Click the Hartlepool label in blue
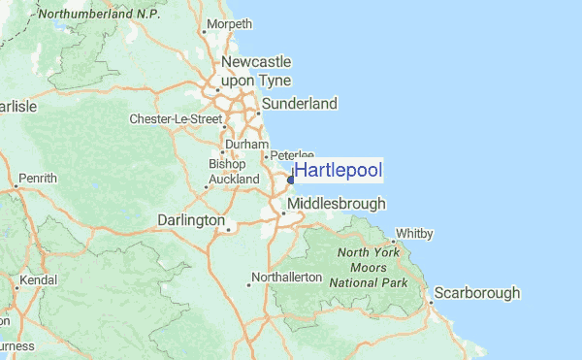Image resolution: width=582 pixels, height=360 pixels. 339,171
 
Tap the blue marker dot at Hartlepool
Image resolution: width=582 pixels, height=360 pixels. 291,179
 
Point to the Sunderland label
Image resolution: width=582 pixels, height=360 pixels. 301,103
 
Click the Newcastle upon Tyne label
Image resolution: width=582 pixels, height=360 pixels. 255,71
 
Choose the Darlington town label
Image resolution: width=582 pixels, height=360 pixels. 191,221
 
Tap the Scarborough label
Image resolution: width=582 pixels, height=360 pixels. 477,293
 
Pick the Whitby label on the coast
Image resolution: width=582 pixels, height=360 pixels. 414,234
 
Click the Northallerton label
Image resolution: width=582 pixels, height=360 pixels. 286,278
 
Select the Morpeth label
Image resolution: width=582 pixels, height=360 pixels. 229,23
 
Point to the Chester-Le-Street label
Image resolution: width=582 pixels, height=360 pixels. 176,119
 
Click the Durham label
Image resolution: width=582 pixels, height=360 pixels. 246,145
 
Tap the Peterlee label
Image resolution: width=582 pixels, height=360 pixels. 292,154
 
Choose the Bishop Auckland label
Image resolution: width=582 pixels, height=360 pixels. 234,172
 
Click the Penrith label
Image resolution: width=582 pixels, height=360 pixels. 38,179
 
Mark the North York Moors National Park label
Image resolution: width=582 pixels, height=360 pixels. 370,267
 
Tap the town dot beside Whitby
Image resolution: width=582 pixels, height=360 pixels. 392,241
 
